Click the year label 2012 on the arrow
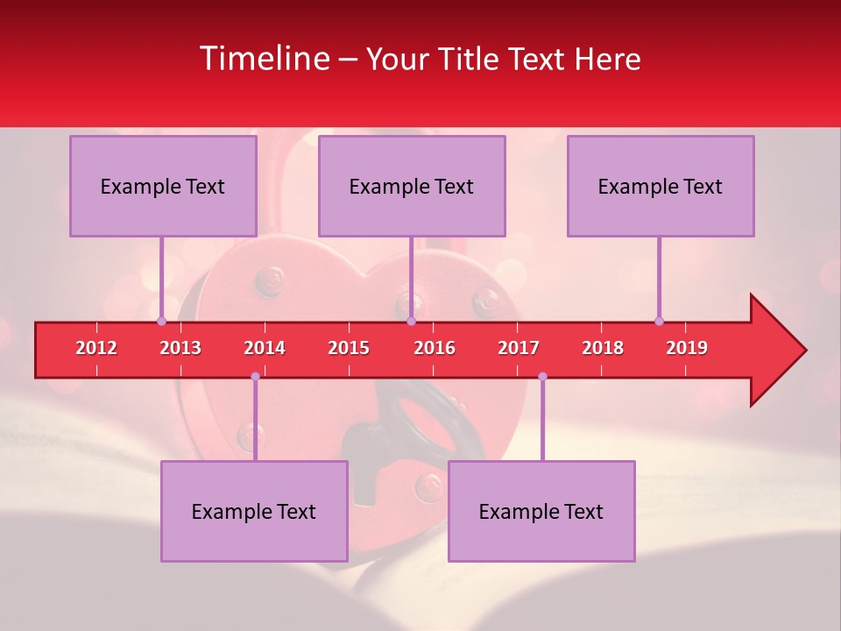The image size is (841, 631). tap(96, 348)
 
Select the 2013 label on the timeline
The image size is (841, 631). tap(180, 348)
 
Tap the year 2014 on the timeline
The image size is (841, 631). tap(265, 348)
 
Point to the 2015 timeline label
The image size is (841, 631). tap(349, 348)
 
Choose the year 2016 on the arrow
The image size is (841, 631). tap(435, 348)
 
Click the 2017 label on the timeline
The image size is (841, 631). tap(519, 348)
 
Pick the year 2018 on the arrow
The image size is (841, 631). tap(603, 348)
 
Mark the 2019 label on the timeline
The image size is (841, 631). tap(687, 348)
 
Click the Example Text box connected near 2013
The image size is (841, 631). tap(163, 186)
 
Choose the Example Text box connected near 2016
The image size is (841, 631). tap(412, 186)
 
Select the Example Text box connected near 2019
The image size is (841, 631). tap(661, 186)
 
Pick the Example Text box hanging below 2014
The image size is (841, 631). tap(254, 511)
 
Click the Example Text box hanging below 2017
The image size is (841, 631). tap(541, 511)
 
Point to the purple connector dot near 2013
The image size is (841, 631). tap(161, 321)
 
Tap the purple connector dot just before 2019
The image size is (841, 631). tap(659, 321)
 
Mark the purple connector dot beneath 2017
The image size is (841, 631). tap(542, 377)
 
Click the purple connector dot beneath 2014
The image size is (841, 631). tap(255, 377)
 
